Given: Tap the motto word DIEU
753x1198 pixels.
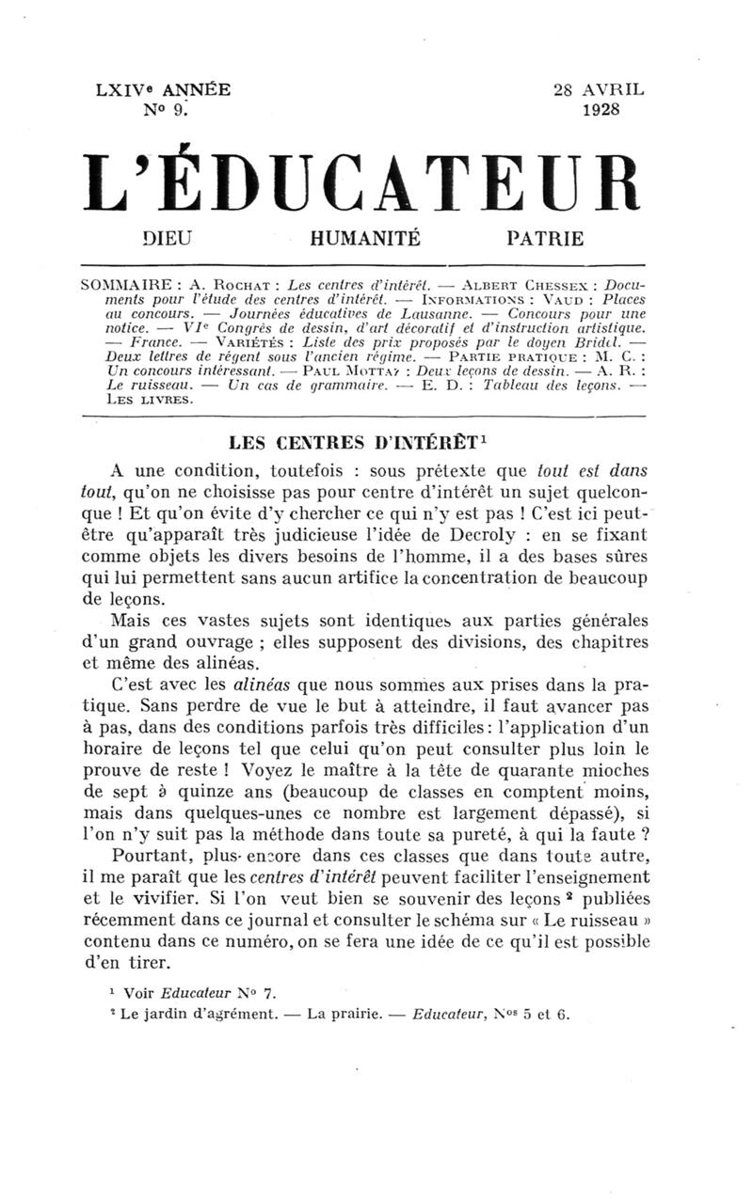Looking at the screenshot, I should (x=167, y=239).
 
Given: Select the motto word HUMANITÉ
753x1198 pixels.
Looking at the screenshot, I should (x=364, y=239).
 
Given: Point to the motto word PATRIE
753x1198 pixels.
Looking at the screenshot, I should (x=545, y=239).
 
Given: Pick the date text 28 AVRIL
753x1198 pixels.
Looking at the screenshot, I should (x=599, y=90).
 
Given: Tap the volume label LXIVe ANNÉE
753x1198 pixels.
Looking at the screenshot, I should (x=163, y=90).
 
